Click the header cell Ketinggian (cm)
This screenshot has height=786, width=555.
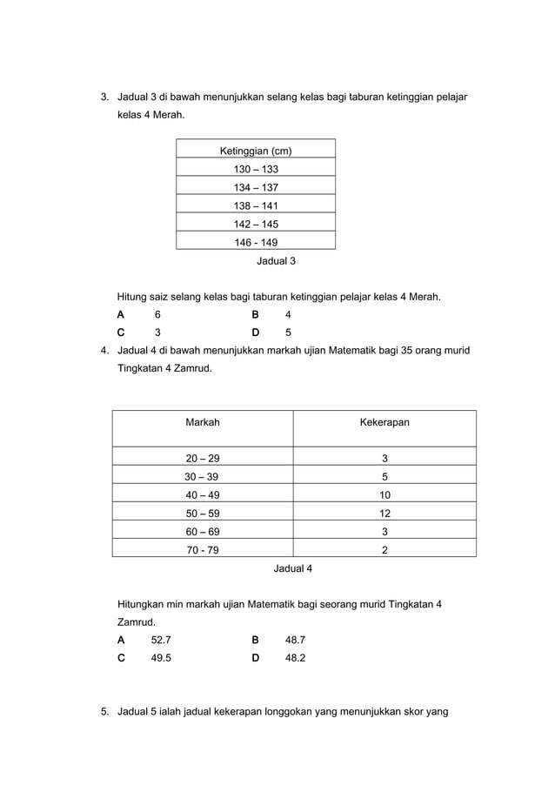click(255, 151)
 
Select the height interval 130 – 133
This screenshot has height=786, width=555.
click(256, 169)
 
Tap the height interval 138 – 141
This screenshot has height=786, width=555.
click(256, 205)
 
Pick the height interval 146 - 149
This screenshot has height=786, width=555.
click(256, 243)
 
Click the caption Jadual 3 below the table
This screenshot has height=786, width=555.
click(276, 260)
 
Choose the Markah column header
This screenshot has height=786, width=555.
click(203, 422)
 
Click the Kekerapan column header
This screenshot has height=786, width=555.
click(384, 422)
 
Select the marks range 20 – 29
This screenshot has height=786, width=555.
click(203, 458)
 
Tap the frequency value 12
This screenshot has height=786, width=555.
click(384, 513)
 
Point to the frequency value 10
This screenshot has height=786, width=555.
click(384, 494)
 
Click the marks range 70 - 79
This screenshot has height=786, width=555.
click(203, 549)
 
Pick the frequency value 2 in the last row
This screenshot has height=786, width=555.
click(384, 549)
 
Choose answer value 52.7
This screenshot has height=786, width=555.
click(161, 640)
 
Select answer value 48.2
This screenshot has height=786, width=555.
click(295, 658)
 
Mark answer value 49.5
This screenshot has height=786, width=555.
click(161, 658)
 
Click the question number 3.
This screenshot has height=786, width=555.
click(104, 96)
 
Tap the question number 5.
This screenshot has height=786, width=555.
click(104, 712)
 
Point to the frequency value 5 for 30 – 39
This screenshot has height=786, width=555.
click(384, 476)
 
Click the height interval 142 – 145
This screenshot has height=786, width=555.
click(256, 224)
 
